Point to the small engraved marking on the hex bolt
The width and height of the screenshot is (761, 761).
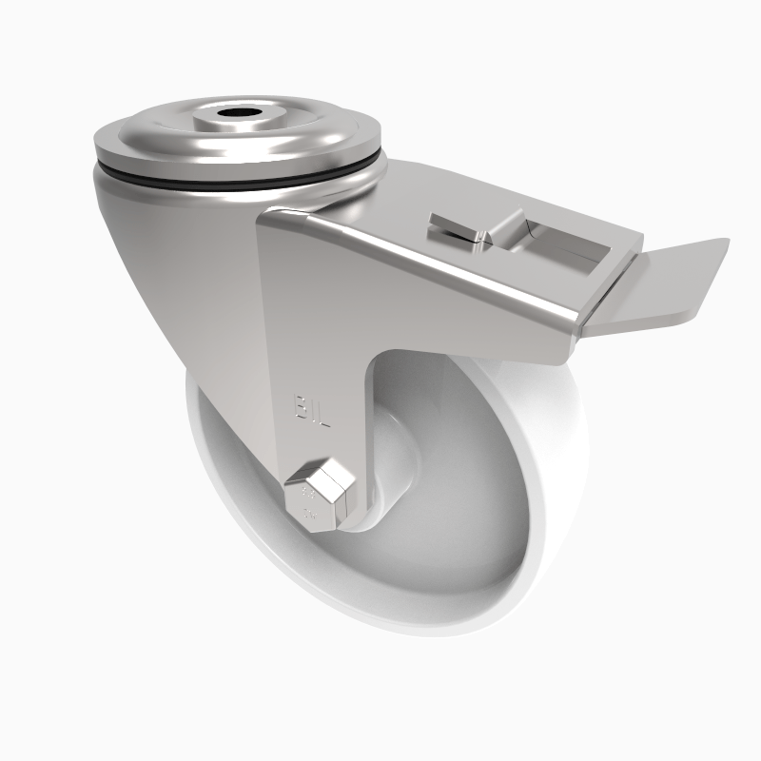point(307,496)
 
